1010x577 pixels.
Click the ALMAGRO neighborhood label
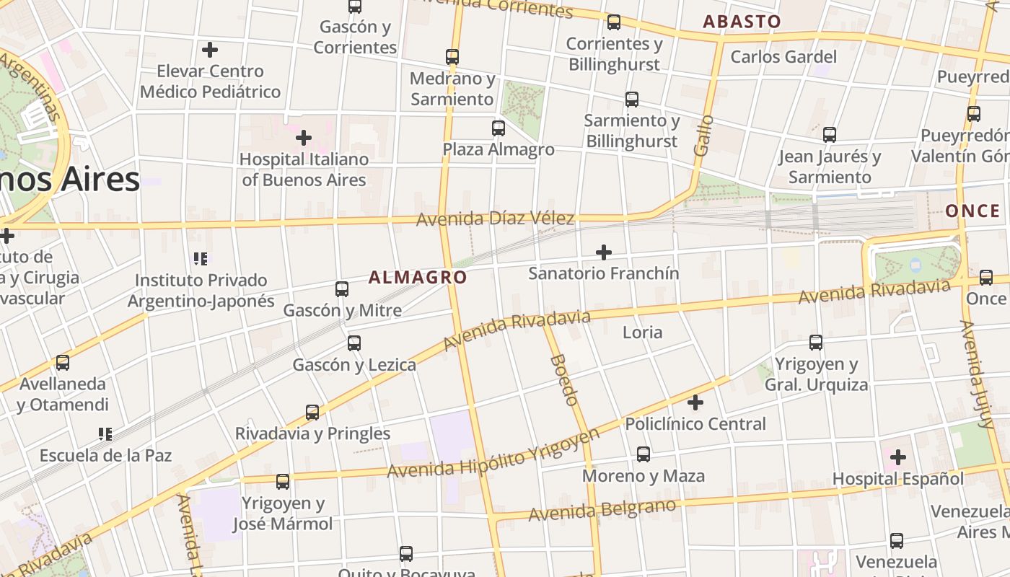tap(418, 277)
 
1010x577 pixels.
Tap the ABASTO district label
tap(742, 22)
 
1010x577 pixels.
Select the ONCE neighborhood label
tap(972, 211)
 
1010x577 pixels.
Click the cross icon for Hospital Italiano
tap(304, 137)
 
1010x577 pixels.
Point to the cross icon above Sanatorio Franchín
tap(604, 252)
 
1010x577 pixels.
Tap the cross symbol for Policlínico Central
tap(695, 402)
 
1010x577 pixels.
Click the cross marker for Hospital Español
tap(897, 457)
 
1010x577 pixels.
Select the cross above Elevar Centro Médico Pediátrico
tap(210, 50)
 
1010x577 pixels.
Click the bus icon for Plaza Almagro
tap(499, 128)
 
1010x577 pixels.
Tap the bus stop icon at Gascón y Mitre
tap(342, 289)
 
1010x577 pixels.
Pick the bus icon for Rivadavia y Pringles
tap(312, 413)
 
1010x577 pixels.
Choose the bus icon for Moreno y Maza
tap(644, 454)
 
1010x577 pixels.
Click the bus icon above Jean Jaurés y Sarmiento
tap(830, 134)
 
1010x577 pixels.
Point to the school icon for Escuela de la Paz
tap(105, 434)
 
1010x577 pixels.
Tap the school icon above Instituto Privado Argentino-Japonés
tap(201, 258)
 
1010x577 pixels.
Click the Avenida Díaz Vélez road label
tap(495, 218)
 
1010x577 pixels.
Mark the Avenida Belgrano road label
tap(602, 510)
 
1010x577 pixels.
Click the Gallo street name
tap(703, 135)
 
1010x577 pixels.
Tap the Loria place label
tap(642, 332)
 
